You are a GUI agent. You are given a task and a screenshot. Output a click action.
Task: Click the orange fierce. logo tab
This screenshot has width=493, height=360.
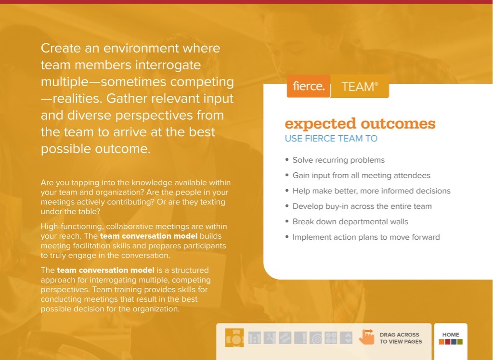pyautogui.click(x=309, y=87)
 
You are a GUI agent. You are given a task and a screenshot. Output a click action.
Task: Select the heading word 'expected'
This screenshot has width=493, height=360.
pyautogui.click(x=320, y=124)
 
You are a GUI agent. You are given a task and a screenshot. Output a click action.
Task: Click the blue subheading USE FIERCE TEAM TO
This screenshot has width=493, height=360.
pyautogui.click(x=331, y=139)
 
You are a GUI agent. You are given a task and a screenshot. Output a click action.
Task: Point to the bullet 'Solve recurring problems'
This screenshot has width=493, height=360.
pyautogui.click(x=338, y=160)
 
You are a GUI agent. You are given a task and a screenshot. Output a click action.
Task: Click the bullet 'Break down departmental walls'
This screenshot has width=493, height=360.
pyautogui.click(x=350, y=222)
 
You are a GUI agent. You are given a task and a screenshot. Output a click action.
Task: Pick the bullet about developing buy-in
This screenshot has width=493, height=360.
pyautogui.click(x=362, y=206)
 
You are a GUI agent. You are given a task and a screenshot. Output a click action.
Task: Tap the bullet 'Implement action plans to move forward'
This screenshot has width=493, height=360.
pyautogui.click(x=366, y=237)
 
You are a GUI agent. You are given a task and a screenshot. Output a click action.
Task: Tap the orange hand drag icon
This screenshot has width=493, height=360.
pyautogui.click(x=367, y=337)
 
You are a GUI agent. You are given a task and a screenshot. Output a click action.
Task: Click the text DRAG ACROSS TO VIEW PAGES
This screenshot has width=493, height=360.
pyautogui.click(x=401, y=338)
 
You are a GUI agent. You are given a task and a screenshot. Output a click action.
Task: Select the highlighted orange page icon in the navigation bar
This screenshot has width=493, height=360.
pyautogui.click(x=234, y=338)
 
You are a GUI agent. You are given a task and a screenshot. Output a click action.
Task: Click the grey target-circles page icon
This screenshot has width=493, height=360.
pyautogui.click(x=315, y=338)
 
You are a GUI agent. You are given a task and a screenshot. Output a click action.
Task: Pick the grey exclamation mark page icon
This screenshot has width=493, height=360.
pyautogui.click(x=300, y=338)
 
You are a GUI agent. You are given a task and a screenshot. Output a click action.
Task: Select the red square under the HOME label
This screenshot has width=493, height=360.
pyautogui.click(x=448, y=342)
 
